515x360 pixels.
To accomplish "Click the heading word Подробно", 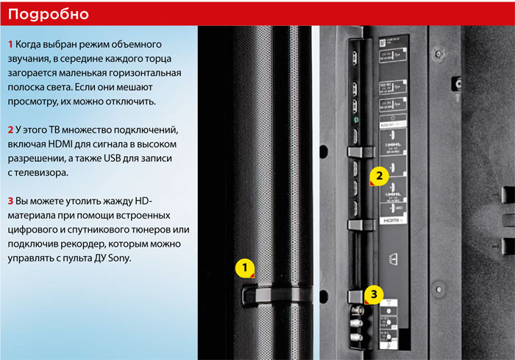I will pyautogui.click(x=49, y=14).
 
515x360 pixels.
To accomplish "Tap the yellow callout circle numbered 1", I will pyautogui.click(x=245, y=269).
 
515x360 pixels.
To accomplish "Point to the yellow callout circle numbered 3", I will pyautogui.click(x=374, y=294).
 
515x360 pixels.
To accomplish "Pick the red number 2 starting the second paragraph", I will pyautogui.click(x=10, y=130).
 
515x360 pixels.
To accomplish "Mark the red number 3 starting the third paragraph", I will pyautogui.click(x=10, y=201).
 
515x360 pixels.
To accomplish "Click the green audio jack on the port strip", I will pyautogui.click(x=355, y=120).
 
